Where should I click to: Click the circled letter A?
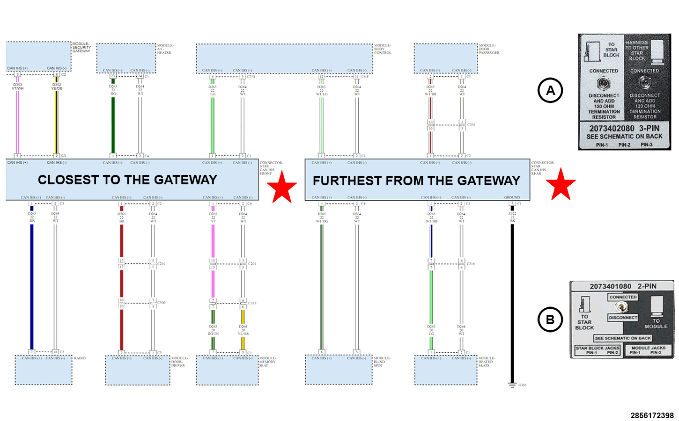[x=550, y=90]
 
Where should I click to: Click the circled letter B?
[x=550, y=319]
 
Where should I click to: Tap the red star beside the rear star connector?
[x=561, y=184]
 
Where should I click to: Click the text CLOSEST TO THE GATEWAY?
[x=127, y=180]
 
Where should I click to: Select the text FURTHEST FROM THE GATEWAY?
[x=416, y=181]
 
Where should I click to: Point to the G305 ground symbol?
[x=512, y=385]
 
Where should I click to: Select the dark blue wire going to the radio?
[x=32, y=285]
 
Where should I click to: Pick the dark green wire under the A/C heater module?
[x=113, y=124]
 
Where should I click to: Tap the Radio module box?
[x=44, y=370]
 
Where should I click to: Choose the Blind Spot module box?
[x=339, y=370]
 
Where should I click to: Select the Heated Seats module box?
[x=446, y=370]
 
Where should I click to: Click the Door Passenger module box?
[x=445, y=57]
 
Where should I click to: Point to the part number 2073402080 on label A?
[x=612, y=128]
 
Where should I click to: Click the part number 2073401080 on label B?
[x=610, y=286]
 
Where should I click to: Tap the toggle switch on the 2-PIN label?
[x=621, y=307]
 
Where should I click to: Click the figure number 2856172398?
[x=652, y=415]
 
